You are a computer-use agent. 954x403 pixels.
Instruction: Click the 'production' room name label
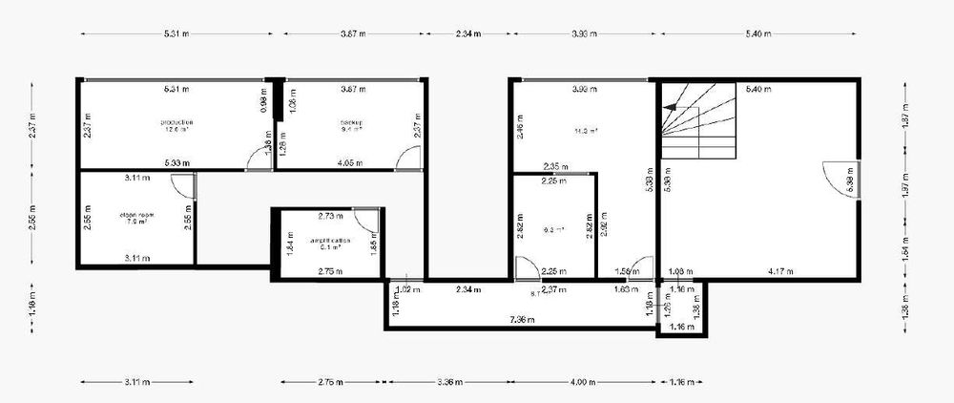pos(177,122)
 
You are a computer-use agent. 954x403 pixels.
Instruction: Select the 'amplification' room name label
pos(329,240)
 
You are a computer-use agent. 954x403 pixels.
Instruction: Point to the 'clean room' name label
pos(137,217)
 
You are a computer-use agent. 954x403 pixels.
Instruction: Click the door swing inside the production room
pos(258,161)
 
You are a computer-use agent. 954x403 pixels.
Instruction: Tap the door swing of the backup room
pos(409,161)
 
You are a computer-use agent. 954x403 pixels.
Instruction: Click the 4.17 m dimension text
pos(780,271)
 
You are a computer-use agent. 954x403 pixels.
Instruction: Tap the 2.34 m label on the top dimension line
pos(468,33)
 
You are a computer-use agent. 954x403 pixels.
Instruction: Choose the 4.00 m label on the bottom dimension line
pos(585,382)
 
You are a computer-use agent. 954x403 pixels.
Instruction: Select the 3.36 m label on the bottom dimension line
pos(448,382)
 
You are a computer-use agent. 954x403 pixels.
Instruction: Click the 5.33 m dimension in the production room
pos(175,163)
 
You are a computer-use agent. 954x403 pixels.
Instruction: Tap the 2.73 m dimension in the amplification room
pos(330,216)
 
